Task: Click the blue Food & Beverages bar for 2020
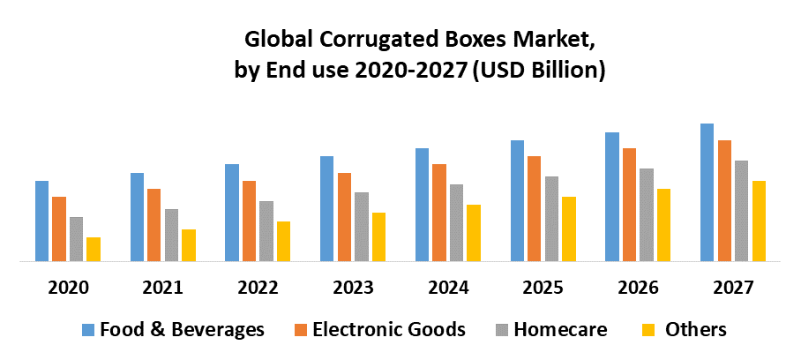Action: [x=41, y=221]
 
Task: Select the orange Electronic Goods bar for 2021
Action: [x=153, y=225]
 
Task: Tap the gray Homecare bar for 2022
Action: [x=266, y=231]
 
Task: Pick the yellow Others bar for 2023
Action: [x=378, y=236]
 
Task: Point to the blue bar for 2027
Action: [x=707, y=192]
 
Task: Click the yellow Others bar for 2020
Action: [x=94, y=249]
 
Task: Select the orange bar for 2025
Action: [x=534, y=208]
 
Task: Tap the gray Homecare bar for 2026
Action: [x=647, y=214]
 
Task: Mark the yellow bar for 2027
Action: [x=759, y=221]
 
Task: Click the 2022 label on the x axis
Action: [x=258, y=288]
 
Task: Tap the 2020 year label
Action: [x=68, y=288]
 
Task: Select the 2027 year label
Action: [x=733, y=288]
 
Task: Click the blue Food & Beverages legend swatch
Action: [x=88, y=330]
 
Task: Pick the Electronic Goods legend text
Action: [x=389, y=330]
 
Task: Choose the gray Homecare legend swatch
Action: [x=502, y=330]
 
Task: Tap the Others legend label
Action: [x=696, y=330]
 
